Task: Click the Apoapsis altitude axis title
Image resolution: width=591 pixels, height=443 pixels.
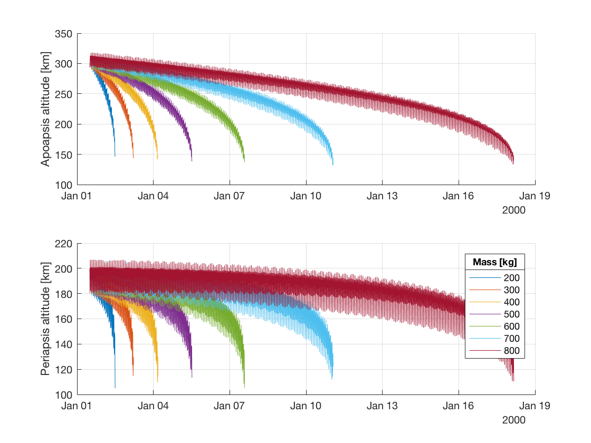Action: coord(46,109)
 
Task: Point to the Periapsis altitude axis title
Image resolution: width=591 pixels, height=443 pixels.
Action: coord(46,319)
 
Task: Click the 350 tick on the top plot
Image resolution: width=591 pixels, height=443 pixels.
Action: coord(63,34)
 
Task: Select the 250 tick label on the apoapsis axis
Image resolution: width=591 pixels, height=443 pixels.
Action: coord(63,94)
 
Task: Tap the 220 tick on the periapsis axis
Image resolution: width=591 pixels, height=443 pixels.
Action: coord(63,244)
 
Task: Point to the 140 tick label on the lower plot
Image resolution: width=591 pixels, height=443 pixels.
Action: coord(63,344)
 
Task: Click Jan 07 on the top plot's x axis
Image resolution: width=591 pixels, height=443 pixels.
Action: coord(230,196)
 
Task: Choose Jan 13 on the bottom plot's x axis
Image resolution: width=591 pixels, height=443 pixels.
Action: coord(383,406)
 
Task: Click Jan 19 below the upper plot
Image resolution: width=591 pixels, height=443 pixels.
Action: coord(535,196)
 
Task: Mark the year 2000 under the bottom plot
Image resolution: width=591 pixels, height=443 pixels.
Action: coord(513,419)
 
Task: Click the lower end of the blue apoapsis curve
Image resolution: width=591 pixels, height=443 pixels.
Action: coord(115,156)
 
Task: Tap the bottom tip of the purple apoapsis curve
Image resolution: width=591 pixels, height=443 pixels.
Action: coord(192,161)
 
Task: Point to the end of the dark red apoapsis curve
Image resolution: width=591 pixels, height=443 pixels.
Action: coord(513,164)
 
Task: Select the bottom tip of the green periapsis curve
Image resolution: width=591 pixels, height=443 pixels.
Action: coord(244,387)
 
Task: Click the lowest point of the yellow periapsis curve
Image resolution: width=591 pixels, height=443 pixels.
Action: coord(157,382)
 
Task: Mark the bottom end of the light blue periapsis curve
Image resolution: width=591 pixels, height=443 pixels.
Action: coord(332,379)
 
